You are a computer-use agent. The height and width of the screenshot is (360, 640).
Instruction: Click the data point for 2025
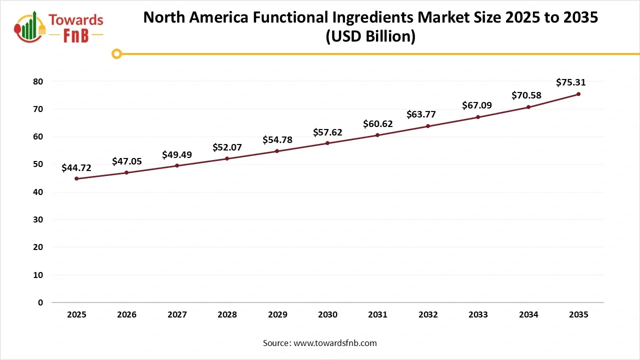76,178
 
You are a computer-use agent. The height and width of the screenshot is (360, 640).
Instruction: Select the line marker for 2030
327,143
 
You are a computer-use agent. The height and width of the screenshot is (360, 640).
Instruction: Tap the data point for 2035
578,94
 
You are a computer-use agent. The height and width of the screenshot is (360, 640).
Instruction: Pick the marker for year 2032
428,126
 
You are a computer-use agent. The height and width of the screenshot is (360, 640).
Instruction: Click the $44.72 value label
76,168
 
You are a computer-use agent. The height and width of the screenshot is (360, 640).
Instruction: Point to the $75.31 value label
570,82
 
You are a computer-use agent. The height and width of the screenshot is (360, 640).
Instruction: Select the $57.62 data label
327,132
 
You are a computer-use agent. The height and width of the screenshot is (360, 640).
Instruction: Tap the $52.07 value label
227,147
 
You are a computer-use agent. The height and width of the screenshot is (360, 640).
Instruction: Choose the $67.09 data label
478,106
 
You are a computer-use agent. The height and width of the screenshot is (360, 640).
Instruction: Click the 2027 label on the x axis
177,315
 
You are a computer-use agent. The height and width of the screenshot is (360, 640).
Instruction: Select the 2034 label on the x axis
528,315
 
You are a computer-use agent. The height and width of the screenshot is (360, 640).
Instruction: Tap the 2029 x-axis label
277,315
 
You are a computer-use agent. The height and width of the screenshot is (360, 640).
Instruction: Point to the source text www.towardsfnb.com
335,343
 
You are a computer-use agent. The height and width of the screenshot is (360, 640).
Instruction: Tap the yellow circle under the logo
116,53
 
